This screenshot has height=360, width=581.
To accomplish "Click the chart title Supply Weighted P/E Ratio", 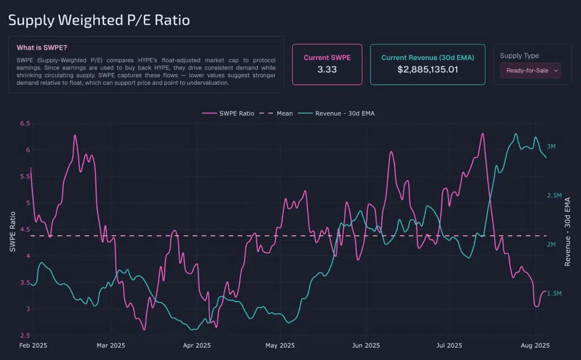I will (99, 20).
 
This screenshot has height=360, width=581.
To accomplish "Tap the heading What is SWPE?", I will (46, 48).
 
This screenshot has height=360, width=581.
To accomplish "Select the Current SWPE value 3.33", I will (327, 70).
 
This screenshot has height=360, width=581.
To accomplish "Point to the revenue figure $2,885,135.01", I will (427, 70).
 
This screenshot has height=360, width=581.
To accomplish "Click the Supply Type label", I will (519, 56).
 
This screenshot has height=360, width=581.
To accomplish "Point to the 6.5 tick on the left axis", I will (24, 124).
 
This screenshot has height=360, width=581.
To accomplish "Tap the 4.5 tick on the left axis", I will (24, 230).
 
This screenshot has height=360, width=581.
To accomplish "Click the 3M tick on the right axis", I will (551, 147).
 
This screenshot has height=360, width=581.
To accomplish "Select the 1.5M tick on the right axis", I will (554, 294).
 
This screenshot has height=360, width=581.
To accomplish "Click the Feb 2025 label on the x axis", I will (32, 345).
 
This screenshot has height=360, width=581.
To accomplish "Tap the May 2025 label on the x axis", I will (280, 345).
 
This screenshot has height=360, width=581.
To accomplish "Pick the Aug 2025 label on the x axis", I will (535, 345).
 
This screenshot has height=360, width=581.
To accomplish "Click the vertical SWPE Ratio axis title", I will (12, 232).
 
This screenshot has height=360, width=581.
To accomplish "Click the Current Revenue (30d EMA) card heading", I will (427, 58).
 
